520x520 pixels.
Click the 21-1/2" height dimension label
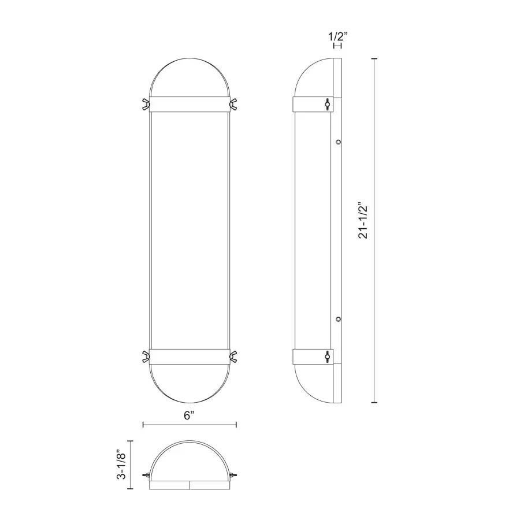click(363, 222)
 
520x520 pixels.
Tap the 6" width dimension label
click(189, 415)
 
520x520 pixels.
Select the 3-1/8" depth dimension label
click(121, 465)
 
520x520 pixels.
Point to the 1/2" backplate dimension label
click(338, 36)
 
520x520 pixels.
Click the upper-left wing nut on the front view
click(146, 104)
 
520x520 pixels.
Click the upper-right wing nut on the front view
click(233, 104)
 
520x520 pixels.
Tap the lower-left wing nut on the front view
click(146, 356)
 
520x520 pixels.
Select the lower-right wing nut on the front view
click(233, 356)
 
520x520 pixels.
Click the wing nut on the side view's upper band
click(328, 104)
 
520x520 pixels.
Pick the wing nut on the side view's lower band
click(328, 356)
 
